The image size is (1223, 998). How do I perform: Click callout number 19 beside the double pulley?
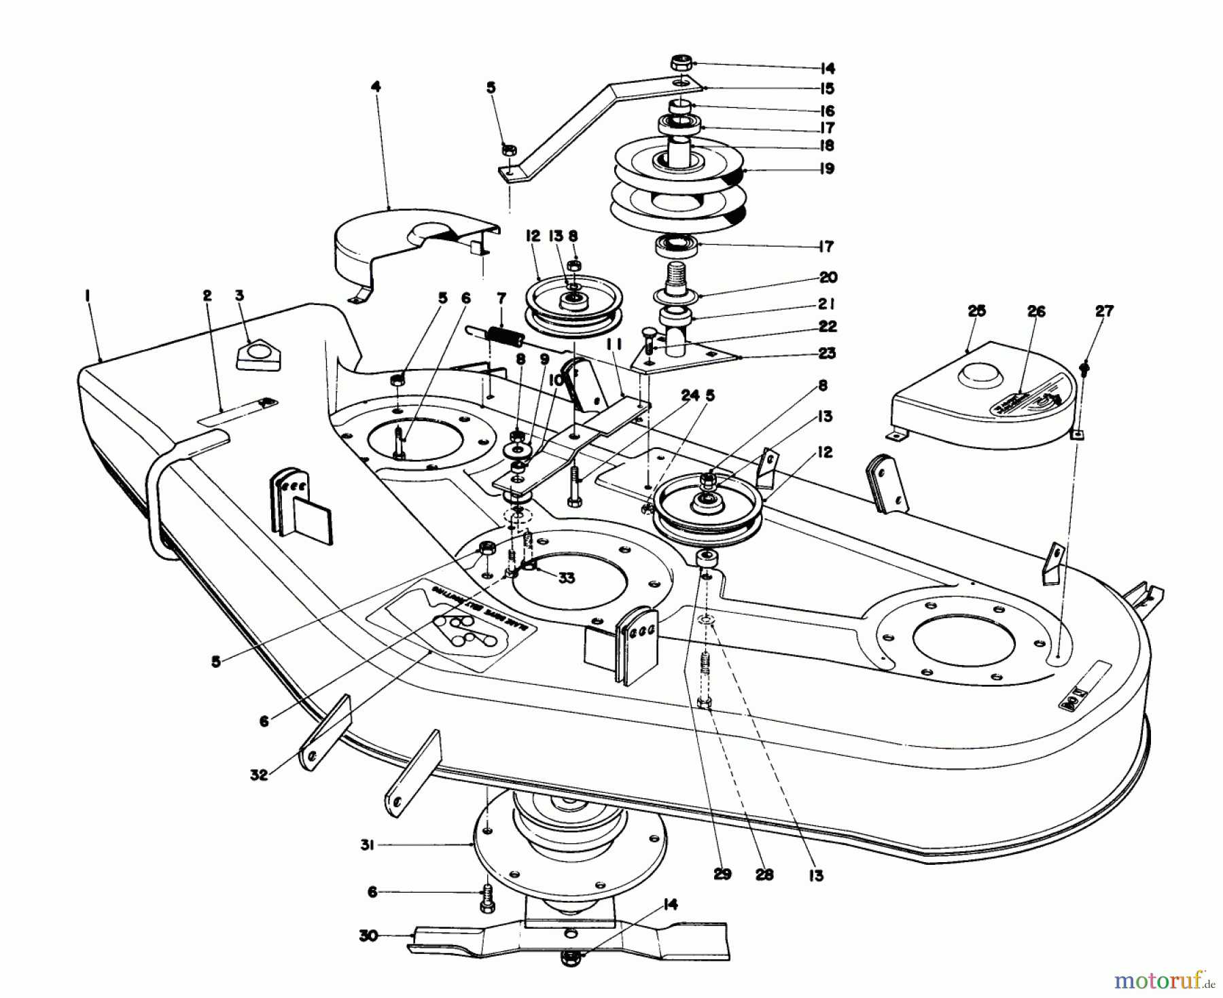tap(826, 168)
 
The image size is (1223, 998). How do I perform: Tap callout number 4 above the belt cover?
tap(376, 87)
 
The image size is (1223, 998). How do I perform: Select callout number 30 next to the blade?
tap(367, 934)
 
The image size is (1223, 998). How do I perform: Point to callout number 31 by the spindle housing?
tap(367, 844)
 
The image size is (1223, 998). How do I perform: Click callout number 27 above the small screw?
tap(1104, 311)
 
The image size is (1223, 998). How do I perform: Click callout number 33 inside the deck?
tap(566, 577)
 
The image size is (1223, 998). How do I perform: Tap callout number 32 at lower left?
tap(259, 774)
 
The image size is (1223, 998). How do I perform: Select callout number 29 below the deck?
tap(722, 874)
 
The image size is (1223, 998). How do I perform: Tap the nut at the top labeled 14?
tap(681, 64)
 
